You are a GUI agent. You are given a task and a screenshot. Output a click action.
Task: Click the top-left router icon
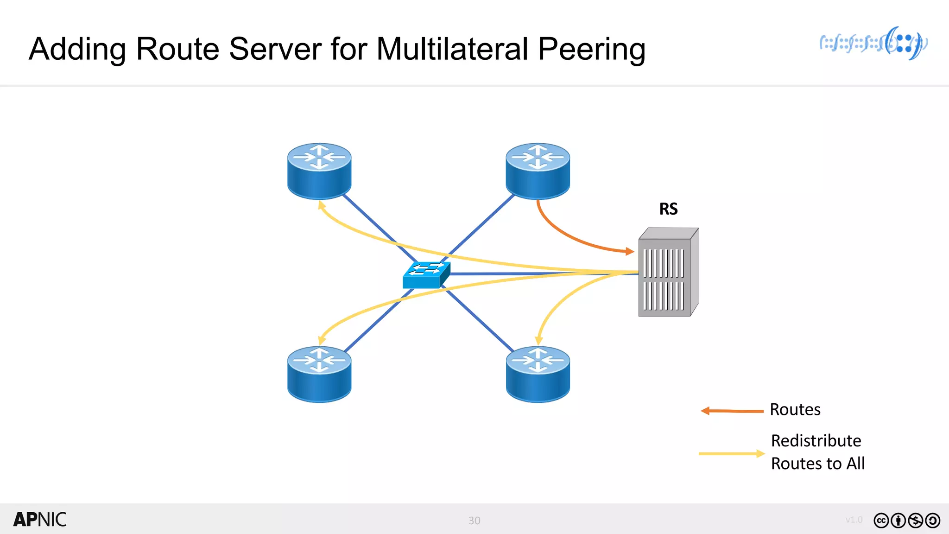pos(319,171)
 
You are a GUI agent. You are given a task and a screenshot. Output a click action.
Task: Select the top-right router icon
pos(538,171)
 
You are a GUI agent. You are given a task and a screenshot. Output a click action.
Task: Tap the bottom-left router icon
pos(319,374)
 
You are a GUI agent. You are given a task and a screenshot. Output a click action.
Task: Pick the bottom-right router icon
pos(538,374)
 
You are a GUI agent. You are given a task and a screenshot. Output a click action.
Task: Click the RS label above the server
pos(668,209)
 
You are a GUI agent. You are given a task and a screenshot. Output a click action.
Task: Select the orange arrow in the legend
pos(732,411)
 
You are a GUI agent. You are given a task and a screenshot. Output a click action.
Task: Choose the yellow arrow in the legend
pos(731,453)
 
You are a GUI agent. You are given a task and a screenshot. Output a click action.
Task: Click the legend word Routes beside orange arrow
pos(795,410)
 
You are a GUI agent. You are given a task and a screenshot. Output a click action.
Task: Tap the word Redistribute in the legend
pos(816,441)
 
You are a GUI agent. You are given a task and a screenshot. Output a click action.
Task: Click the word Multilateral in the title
pos(452,49)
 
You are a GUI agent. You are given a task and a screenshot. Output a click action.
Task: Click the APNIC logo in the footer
pos(40,520)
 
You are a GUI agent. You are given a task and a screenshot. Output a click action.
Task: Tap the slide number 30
pos(474,521)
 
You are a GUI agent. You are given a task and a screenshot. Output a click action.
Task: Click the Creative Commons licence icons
pos(907,521)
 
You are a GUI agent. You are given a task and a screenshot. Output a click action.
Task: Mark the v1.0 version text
pos(854,520)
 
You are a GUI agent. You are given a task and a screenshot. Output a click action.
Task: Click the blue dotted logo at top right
pos(873,44)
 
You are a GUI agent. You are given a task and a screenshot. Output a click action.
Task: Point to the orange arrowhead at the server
pos(630,252)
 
